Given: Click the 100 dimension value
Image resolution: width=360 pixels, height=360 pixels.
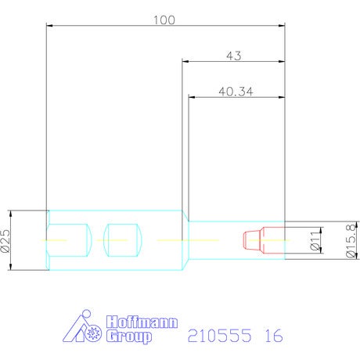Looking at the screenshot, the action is coord(164,20).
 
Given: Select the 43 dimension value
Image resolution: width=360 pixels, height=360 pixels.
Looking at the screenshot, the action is coord(234,56).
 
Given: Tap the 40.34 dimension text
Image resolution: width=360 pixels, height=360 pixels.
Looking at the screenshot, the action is coord(236,92).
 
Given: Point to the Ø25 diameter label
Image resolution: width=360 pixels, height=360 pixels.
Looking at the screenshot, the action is coord(5,240).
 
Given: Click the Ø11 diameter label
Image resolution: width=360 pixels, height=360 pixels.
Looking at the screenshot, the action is coord(315,240).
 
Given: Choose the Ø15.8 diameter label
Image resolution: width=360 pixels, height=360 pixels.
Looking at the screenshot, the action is coord(351,240).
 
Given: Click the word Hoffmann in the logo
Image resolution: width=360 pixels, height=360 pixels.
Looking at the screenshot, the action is coord(142,322).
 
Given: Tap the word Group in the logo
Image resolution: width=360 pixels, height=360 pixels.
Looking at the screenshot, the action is coord(129,337).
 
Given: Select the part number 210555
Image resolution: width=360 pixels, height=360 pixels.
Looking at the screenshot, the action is coord(220,336).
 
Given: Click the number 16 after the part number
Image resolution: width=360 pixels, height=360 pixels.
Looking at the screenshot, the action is coord(274,336).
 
